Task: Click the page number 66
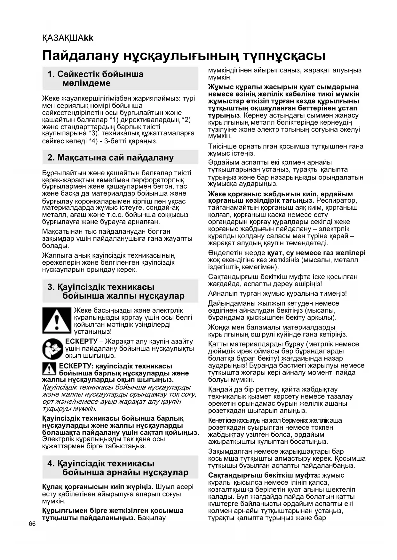pos(32,524)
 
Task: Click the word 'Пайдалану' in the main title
pos(80,56)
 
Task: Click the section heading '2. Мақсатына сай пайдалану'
pos(110,157)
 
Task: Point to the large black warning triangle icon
pos(56,320)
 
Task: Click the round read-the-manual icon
pos(53,349)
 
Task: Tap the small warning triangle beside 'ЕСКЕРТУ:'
pos(49,369)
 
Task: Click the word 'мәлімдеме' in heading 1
pos(86,83)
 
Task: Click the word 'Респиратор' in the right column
pos(336,201)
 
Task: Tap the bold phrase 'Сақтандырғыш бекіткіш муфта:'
pos(264,475)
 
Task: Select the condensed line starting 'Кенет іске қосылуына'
pos(275,420)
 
